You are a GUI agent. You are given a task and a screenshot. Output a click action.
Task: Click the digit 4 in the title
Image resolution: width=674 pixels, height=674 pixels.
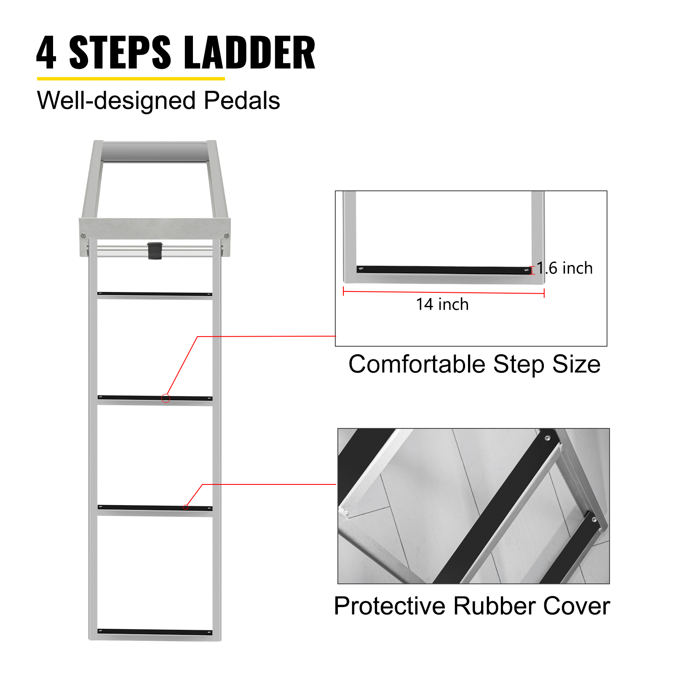click(x=46, y=53)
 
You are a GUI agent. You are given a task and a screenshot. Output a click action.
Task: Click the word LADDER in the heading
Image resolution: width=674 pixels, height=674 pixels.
click(x=250, y=53)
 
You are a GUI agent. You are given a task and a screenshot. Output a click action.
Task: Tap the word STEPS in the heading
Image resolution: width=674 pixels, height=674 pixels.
click(x=120, y=53)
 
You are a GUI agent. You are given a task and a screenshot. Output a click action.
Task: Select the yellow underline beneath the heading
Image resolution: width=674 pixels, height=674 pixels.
click(x=131, y=79)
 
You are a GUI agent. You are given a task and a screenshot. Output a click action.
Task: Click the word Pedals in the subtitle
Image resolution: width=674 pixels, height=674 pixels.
click(x=242, y=101)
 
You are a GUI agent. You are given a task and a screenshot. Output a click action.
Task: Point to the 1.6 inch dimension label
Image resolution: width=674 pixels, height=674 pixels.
click(x=564, y=268)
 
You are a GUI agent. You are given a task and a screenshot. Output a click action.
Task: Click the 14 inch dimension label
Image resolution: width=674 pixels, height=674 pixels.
click(x=442, y=304)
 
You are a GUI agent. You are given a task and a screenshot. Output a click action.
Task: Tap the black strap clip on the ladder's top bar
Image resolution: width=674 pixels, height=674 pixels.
click(x=155, y=251)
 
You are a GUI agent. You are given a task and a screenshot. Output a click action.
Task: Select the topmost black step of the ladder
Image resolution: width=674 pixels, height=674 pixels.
click(x=155, y=294)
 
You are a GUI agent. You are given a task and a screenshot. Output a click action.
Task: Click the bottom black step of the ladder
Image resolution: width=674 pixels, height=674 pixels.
click(x=155, y=631)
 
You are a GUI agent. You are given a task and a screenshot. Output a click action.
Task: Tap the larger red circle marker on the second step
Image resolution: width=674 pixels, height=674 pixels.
click(x=166, y=398)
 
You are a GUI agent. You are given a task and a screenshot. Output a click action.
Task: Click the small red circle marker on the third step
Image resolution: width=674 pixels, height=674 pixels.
click(x=186, y=507)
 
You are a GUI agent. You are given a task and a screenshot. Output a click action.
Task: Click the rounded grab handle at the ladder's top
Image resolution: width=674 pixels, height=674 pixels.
click(x=155, y=151)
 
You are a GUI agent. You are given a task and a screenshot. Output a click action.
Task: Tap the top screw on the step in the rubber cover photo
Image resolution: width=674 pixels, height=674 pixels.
click(x=547, y=438)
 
